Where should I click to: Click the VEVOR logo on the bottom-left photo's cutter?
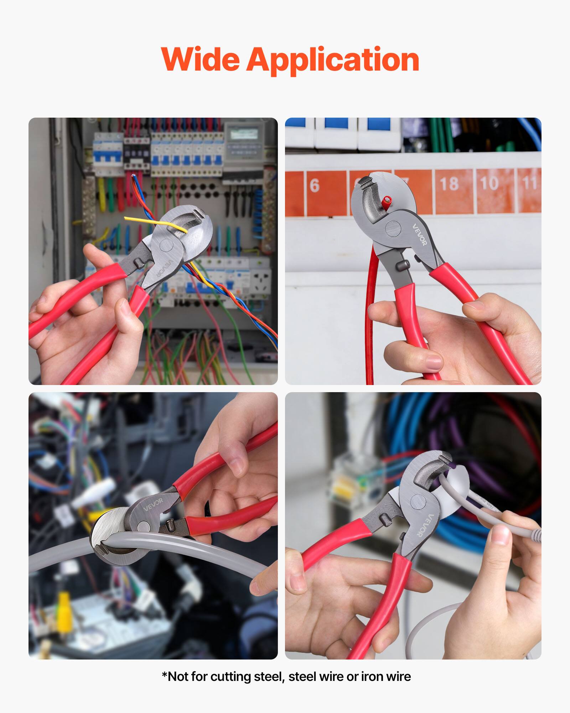click(153, 504)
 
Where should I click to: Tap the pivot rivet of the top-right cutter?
click(393, 229)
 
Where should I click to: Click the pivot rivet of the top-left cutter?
click(166, 246)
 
